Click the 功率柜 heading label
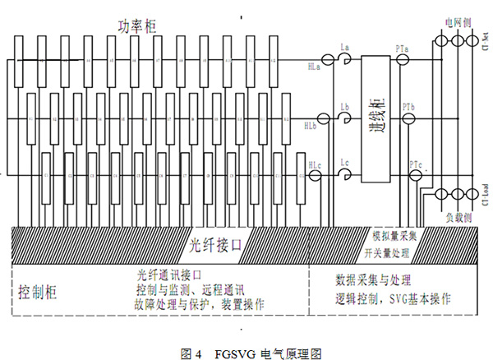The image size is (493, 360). pos(137,27)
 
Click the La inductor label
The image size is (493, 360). pos(346,50)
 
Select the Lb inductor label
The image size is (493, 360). pos(346,106)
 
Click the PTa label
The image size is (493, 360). pos(403,51)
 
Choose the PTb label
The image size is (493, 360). pos(408,107)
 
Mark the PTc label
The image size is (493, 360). pos(416,165)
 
